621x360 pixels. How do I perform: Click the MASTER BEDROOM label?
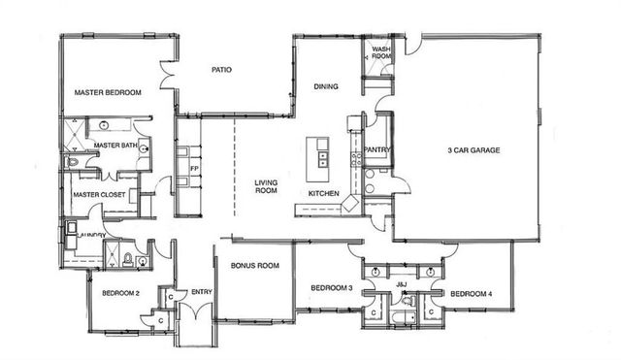[x=108, y=92]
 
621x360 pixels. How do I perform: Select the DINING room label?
[x=325, y=87]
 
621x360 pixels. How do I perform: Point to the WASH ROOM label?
[x=380, y=51]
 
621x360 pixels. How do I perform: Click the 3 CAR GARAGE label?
[x=473, y=150]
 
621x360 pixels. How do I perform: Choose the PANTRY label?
[x=376, y=149]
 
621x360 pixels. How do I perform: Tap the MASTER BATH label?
[x=114, y=147]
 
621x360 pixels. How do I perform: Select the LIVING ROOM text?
[x=267, y=186]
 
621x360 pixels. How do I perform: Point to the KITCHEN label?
[x=323, y=194]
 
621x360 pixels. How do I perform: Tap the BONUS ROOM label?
[x=255, y=265]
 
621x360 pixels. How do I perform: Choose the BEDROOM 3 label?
[x=331, y=288]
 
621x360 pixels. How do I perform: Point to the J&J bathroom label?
[x=402, y=283]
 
